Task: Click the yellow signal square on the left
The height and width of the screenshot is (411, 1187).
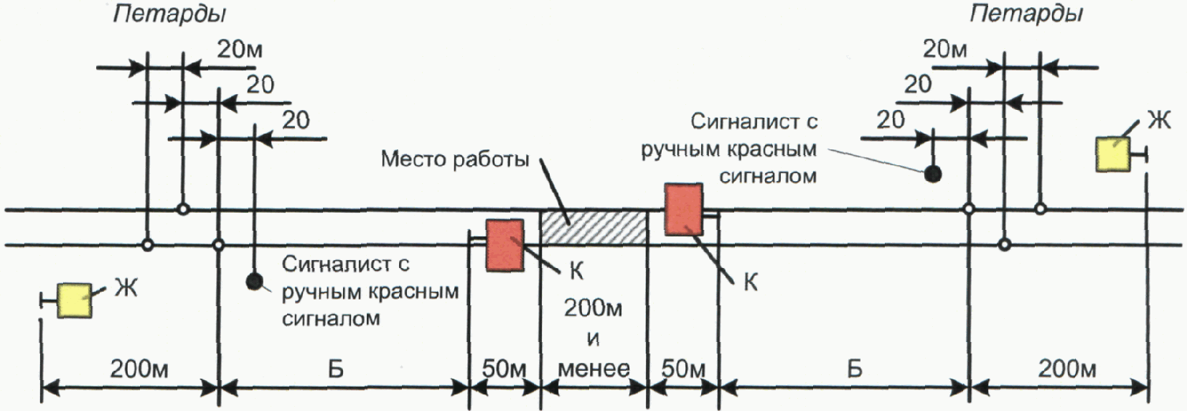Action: [75, 300]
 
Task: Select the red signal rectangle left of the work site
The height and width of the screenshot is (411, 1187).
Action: [505, 245]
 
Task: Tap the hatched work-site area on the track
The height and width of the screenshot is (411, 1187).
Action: [593, 228]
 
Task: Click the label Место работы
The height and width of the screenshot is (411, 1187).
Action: [454, 159]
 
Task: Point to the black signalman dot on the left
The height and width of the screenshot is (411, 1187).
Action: [253, 281]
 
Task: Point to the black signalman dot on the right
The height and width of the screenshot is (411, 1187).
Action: [932, 173]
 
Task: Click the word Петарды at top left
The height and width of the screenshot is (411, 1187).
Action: [170, 14]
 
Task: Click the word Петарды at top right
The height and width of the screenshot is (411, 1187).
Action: [1026, 14]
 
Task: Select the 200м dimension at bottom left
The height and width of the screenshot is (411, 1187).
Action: [139, 369]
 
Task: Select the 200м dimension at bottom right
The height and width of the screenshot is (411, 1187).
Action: [1067, 369]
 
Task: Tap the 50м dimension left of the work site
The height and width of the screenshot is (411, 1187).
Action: [504, 369]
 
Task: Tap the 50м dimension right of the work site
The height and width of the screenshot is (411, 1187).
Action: [682, 369]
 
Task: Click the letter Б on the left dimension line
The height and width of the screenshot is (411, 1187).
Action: [336, 369]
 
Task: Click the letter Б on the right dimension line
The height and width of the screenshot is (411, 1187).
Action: [854, 369]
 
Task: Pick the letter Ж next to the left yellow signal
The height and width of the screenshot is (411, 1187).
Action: [126, 289]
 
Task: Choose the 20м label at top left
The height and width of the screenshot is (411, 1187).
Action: [240, 50]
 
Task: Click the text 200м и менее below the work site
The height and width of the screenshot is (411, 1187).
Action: [593, 338]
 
